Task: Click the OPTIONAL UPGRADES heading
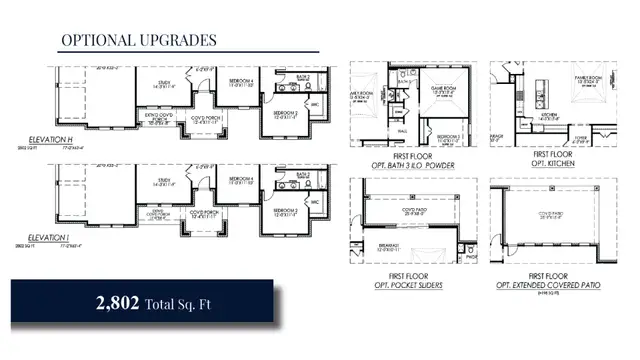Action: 138,40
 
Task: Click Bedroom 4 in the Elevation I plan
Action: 240,183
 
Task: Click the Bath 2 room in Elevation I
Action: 303,174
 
